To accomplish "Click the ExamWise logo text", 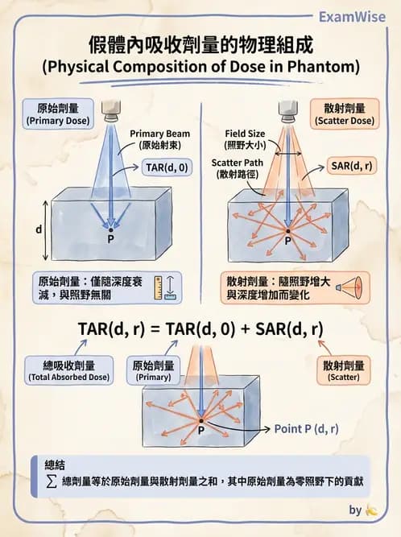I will pyautogui.click(x=352, y=16).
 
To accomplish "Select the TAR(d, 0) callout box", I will pyautogui.click(x=166, y=167).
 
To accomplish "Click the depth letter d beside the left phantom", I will pyautogui.click(x=38, y=229).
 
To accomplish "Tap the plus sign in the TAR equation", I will pyautogui.click(x=247, y=328).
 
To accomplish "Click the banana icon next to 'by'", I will pyautogui.click(x=372, y=510).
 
